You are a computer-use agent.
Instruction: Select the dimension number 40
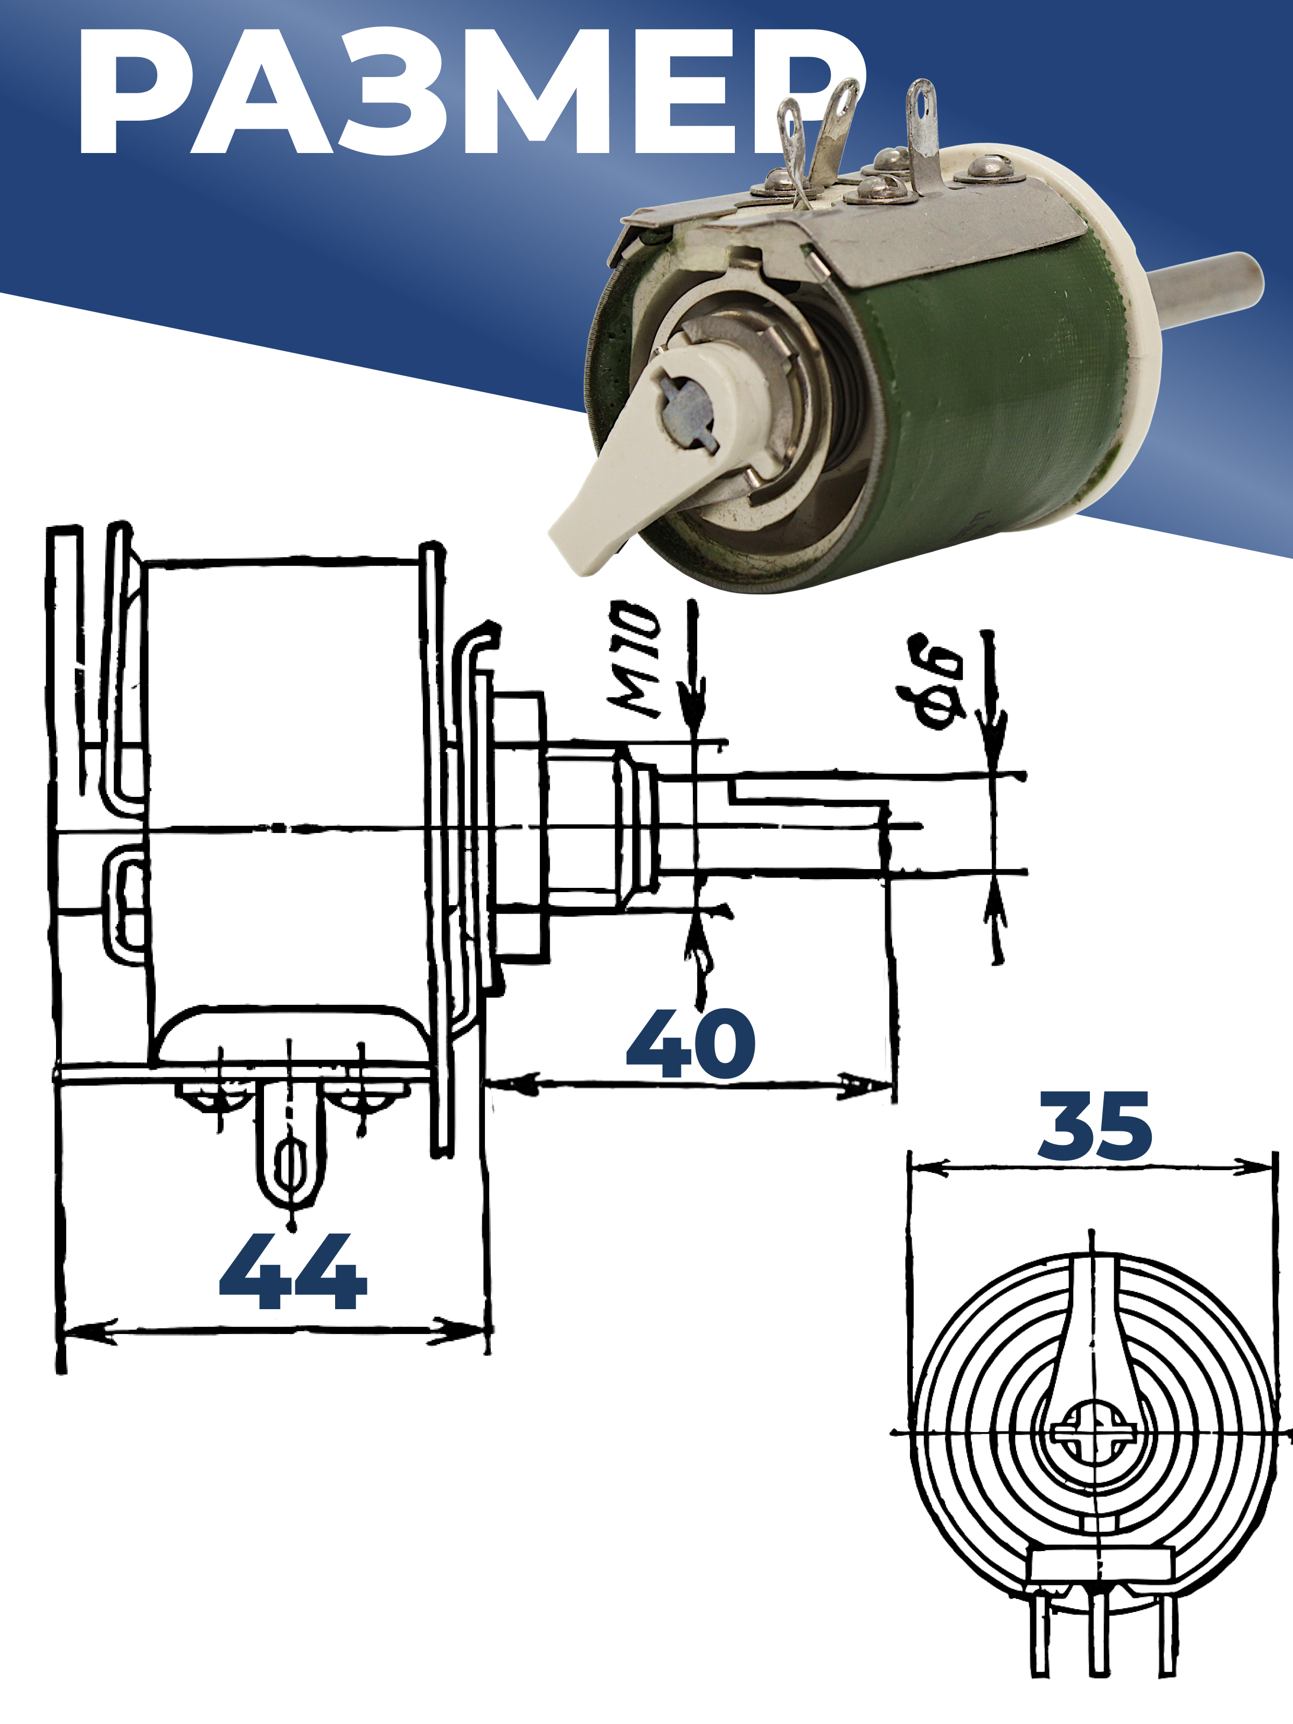tap(691, 1044)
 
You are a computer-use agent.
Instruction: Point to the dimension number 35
tap(1095, 1125)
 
